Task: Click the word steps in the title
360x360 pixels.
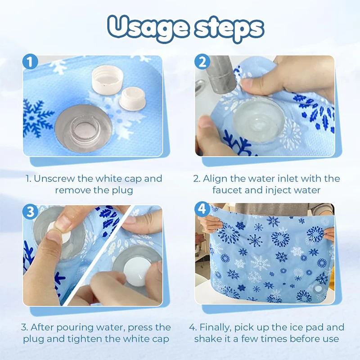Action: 229,28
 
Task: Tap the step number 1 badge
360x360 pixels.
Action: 30,62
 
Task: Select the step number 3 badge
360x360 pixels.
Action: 30,211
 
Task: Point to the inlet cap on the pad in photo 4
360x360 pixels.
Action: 318,288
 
